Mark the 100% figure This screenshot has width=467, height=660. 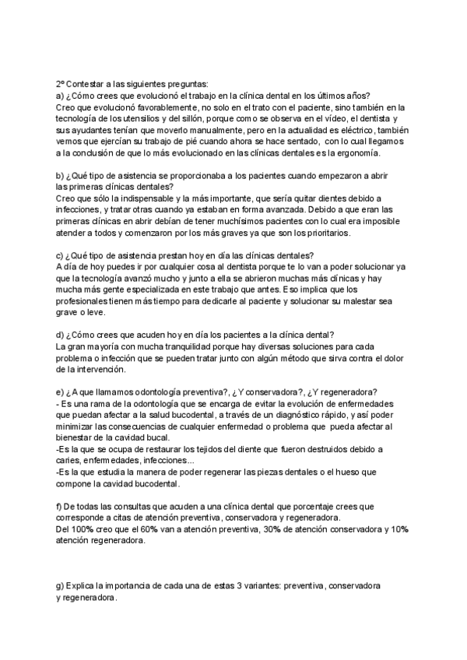click(x=83, y=529)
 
